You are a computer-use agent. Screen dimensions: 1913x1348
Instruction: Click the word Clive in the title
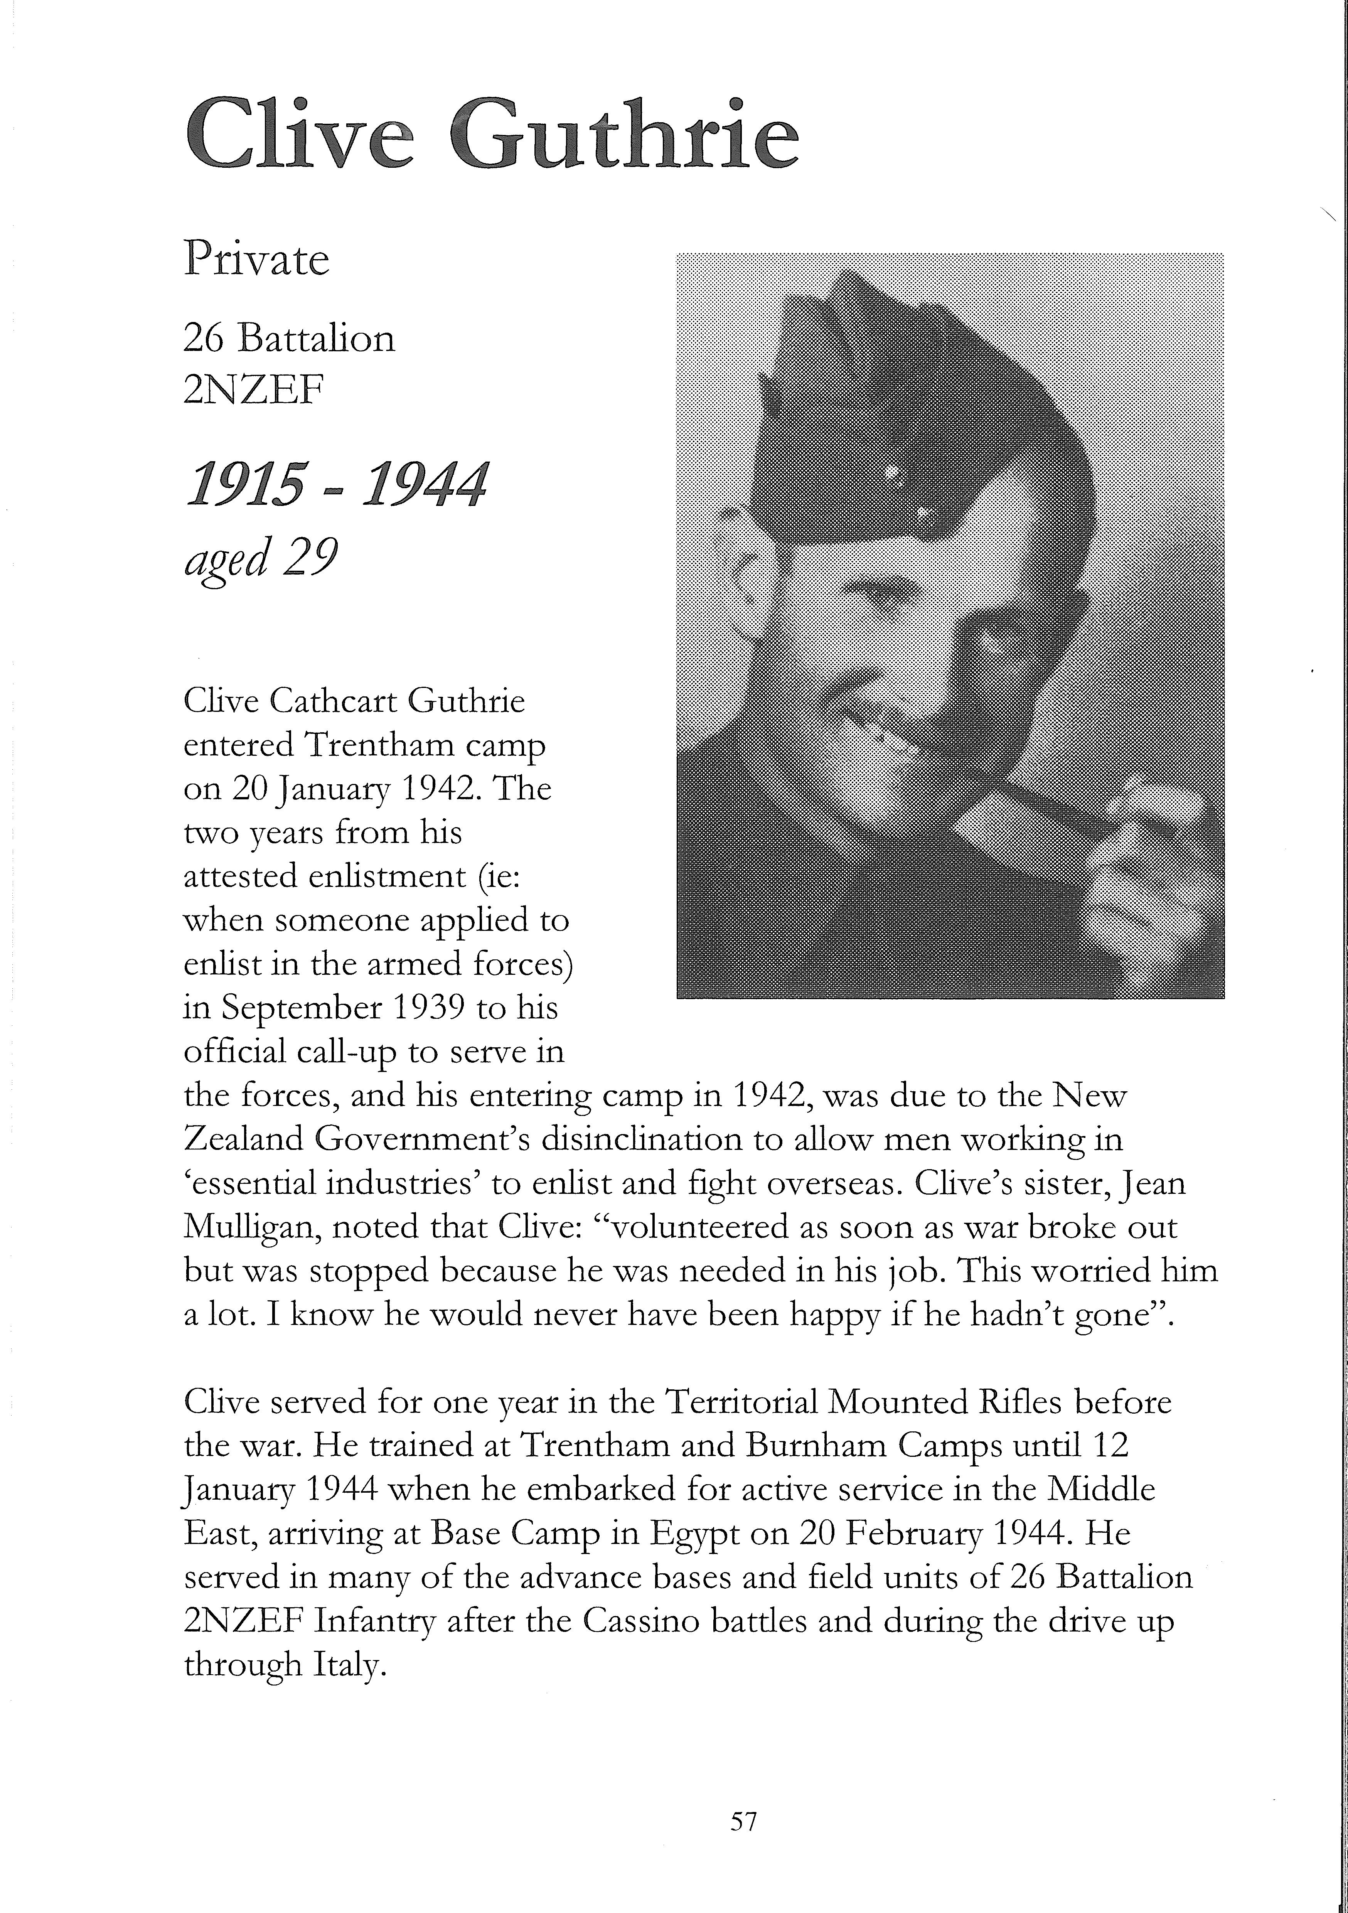coord(298,133)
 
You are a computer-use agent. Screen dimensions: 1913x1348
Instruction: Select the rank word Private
coord(256,260)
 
